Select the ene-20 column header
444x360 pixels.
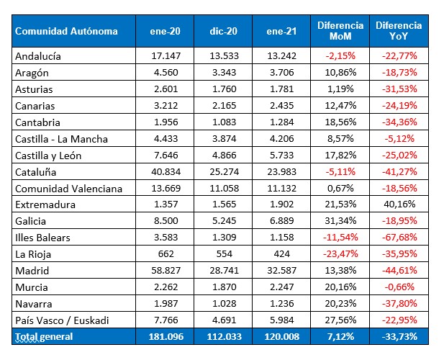click(165, 32)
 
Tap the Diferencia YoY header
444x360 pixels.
click(399, 31)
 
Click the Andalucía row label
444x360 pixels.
click(38, 55)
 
